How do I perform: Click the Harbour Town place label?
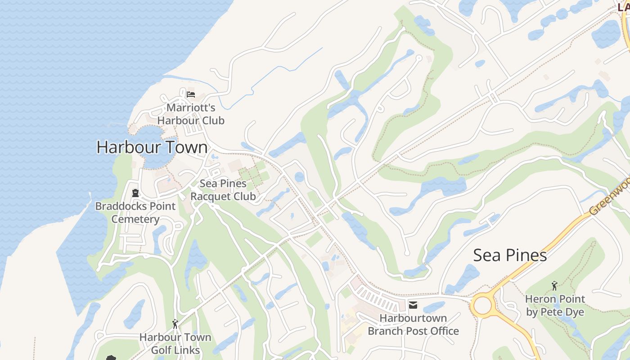[152, 148]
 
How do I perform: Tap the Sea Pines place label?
[510, 255]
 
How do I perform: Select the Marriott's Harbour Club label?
[191, 114]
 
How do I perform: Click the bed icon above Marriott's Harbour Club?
[191, 94]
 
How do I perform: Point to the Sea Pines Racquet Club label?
[223, 190]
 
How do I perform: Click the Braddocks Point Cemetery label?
[135, 213]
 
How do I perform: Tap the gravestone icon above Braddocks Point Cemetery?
[135, 193]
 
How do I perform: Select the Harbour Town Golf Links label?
[175, 343]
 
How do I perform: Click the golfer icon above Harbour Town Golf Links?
[175, 324]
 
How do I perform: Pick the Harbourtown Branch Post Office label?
[413, 324]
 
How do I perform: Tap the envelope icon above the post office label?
[413, 306]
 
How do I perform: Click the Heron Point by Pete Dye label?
[555, 306]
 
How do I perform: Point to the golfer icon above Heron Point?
[554, 286]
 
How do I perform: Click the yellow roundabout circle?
[483, 306]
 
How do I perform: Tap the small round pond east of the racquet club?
[299, 177]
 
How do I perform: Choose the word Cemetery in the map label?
[135, 220]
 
